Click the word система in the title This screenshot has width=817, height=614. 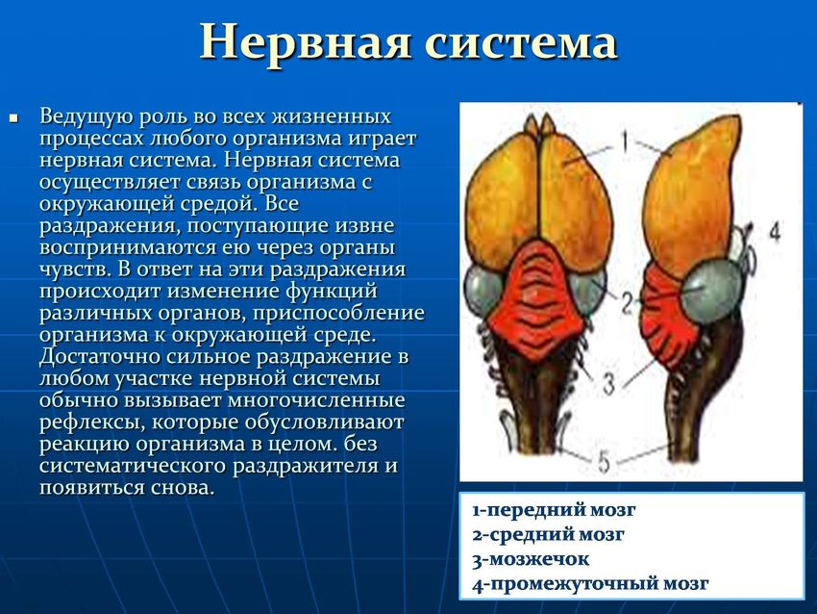click(x=522, y=41)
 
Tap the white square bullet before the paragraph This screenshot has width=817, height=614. click(x=14, y=118)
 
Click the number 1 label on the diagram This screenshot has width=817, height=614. click(x=624, y=140)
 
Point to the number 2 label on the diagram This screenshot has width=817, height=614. click(x=628, y=303)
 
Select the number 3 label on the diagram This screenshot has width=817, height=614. click(x=608, y=383)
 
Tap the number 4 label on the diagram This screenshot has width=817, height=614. click(x=776, y=231)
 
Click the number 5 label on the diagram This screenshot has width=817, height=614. click(x=604, y=461)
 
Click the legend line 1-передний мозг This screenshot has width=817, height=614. click(x=554, y=510)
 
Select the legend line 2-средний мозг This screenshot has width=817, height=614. click(x=548, y=534)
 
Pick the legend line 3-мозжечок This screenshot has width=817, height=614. click(x=531, y=559)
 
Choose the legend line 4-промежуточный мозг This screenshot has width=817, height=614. click(x=590, y=584)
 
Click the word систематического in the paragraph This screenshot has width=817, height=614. click(x=133, y=466)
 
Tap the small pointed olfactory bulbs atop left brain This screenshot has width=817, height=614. click(x=539, y=126)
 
